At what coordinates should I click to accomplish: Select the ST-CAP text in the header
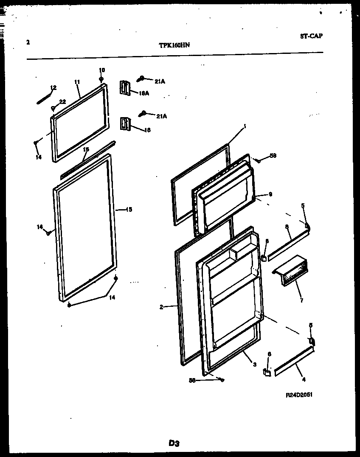(x=311, y=36)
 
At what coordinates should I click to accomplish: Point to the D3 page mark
(x=174, y=443)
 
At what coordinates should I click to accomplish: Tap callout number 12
(x=53, y=88)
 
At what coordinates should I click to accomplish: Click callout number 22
(x=62, y=102)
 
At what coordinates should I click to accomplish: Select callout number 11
(x=77, y=81)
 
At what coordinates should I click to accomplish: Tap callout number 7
(x=301, y=301)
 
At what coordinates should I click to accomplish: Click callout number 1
(x=245, y=126)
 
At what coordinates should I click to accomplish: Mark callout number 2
(x=161, y=307)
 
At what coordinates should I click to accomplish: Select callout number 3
(x=254, y=364)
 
